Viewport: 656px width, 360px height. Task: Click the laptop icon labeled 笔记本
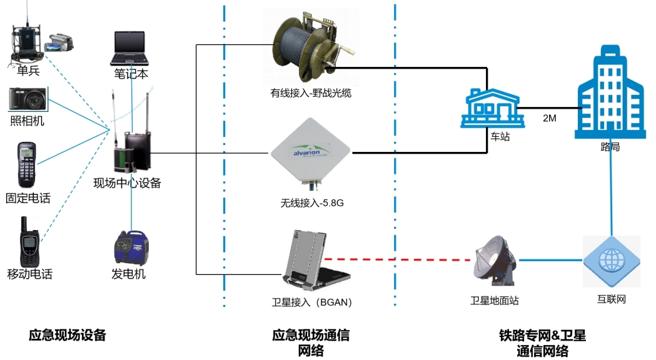point(130,49)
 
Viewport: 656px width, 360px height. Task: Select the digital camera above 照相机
point(28,99)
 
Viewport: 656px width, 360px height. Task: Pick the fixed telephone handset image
point(27,165)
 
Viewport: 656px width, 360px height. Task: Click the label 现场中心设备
point(127,183)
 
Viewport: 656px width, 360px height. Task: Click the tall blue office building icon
point(609,94)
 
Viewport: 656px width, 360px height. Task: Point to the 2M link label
point(548,118)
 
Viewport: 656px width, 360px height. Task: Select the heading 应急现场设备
point(68,335)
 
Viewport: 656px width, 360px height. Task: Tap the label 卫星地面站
point(495,301)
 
